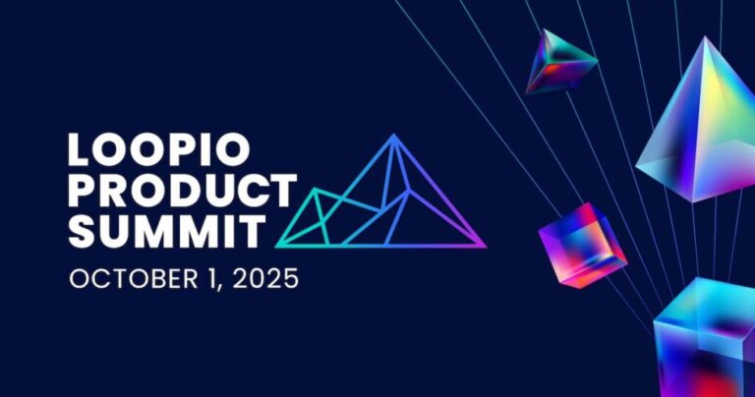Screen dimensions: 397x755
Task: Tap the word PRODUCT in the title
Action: (x=182, y=192)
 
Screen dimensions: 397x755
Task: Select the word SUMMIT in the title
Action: (x=166, y=232)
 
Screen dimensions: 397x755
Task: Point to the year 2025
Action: (x=264, y=278)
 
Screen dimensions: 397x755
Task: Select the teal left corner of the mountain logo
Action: (x=278, y=245)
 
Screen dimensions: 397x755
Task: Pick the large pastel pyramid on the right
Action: (x=697, y=128)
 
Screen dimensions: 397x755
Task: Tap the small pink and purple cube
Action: (x=581, y=244)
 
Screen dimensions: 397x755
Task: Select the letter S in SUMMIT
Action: (x=82, y=232)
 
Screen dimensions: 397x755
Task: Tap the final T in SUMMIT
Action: (x=252, y=232)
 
